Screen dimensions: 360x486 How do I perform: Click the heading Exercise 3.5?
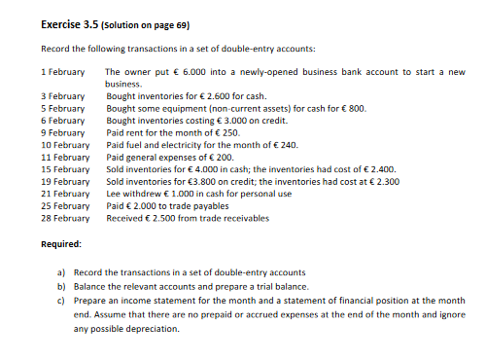(x=69, y=21)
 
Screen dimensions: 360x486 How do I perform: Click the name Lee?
(x=113, y=193)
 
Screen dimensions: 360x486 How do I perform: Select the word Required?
(x=61, y=243)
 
